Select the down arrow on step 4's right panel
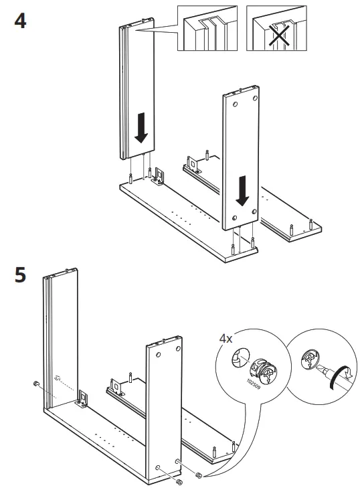pos(244,193)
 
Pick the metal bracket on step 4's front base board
pos(161,177)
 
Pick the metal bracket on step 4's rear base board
pos(193,163)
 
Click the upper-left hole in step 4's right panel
pos(235,104)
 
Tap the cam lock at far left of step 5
pos(34,384)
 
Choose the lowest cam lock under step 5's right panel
pos(179,482)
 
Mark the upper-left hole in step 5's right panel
pos(159,355)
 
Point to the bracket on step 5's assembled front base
pos(84,400)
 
